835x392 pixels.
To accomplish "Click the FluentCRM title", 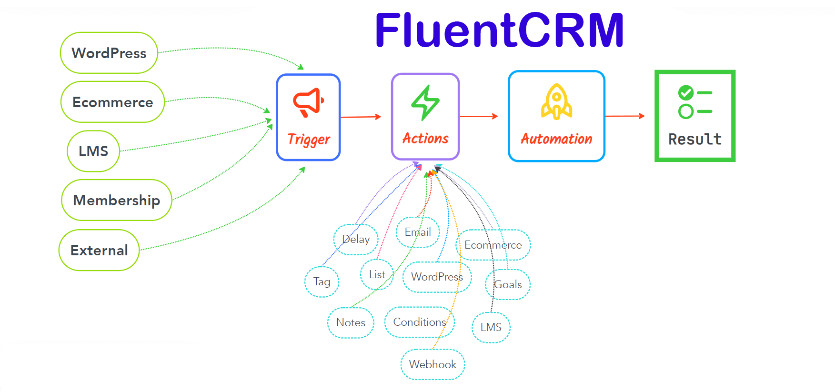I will point(499,30).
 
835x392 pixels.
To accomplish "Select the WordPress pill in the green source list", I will point(109,53).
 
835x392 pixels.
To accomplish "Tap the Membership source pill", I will point(116,200).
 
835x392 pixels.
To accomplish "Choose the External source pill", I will point(99,250).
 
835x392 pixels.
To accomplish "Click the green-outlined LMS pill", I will point(93,151).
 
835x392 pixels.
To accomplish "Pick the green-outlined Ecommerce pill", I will point(112,102).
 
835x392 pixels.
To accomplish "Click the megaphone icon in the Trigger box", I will point(308,102).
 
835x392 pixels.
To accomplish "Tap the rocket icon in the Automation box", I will point(556,101).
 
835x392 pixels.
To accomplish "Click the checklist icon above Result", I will point(694,101).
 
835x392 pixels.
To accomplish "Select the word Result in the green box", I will point(694,139).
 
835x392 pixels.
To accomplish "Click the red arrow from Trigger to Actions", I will point(361,117).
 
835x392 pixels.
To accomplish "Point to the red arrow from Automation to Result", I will point(624,116).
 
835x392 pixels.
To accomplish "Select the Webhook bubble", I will point(433,364).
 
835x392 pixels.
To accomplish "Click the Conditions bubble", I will point(419,322).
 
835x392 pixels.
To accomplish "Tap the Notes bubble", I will point(351,322).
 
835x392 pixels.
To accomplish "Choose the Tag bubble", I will point(322,281).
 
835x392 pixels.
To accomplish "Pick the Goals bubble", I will point(508,284).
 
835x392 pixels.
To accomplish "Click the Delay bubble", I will point(356,239).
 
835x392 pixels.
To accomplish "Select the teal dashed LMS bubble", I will point(491,327).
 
